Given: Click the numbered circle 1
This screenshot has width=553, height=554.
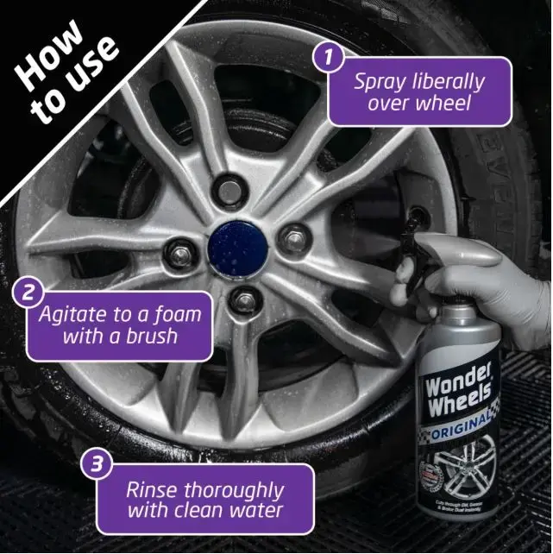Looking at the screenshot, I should coord(328,59).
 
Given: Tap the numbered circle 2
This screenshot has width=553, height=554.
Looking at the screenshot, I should coord(28,293).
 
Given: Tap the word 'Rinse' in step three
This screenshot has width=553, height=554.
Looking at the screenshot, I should coord(152,489).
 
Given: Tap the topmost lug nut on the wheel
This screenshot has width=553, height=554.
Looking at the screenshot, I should coord(230,185).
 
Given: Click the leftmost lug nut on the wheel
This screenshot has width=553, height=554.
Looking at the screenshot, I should coord(179,249).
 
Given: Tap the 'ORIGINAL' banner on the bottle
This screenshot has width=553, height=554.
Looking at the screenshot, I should coord(461,422).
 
